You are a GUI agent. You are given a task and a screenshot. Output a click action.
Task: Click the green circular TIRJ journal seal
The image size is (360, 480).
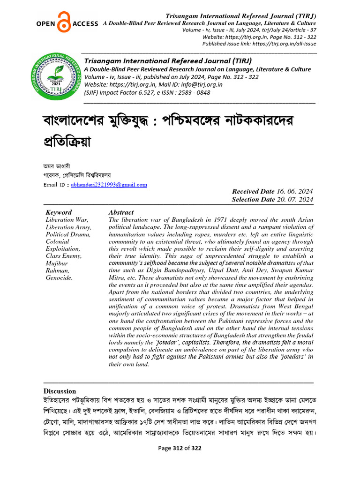click(x=56, y=76)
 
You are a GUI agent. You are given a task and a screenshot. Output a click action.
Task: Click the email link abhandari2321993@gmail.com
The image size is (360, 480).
click(x=109, y=185)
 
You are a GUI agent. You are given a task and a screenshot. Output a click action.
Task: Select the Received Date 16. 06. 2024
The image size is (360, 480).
click(x=273, y=192)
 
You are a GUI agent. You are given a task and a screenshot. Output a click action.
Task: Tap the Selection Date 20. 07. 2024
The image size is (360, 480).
click(x=272, y=200)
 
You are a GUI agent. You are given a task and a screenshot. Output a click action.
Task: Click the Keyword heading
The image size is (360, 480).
click(x=59, y=212)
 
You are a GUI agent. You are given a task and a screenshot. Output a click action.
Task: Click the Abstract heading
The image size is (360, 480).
click(x=121, y=212)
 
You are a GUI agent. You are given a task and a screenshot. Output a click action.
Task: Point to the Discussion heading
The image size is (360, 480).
click(x=60, y=391)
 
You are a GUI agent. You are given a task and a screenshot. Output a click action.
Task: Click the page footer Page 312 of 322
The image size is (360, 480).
click(x=180, y=448)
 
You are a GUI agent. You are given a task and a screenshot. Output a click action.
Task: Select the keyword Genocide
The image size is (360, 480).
click(x=59, y=278)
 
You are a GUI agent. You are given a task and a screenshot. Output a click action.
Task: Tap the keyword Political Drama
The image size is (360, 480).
click(x=68, y=234)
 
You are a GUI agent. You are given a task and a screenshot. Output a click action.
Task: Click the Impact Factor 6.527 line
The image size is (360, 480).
click(x=147, y=92)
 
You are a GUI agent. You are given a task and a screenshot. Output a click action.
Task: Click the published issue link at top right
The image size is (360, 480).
click(x=259, y=44)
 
